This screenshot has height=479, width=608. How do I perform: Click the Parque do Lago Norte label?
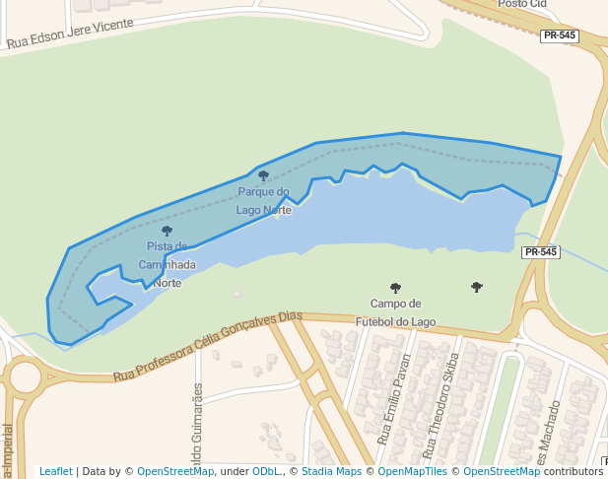263,200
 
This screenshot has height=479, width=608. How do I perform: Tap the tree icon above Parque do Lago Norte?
263,176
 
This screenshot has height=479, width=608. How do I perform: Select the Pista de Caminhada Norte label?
167,264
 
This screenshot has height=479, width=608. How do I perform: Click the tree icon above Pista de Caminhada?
167,232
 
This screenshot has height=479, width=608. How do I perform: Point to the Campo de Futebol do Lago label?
395,312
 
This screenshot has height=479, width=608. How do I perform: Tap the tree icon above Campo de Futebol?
395,289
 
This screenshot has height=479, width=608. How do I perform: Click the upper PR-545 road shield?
560,35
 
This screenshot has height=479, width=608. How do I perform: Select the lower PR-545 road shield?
541,252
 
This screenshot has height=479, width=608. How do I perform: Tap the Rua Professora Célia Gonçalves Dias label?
207,345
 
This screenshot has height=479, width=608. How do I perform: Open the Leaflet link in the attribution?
55,471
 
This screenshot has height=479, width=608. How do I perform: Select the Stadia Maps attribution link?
331,471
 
